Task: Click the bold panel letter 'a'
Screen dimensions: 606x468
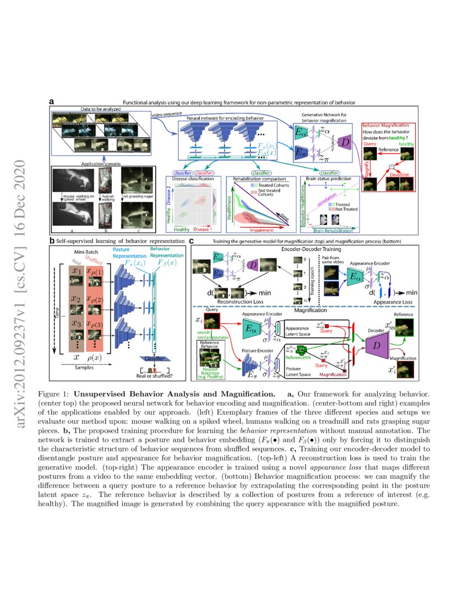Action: point(51,101)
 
